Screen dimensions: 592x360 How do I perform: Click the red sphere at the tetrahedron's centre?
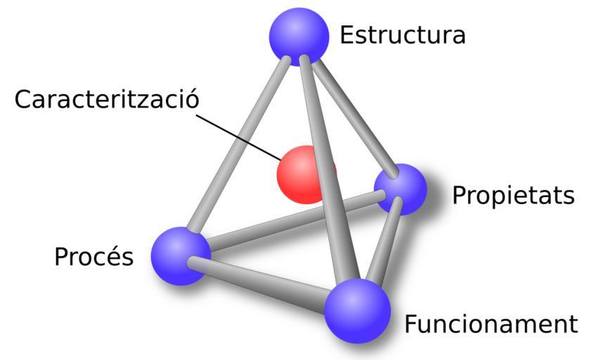coord(302,174)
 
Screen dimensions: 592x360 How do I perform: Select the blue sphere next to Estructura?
coord(299,37)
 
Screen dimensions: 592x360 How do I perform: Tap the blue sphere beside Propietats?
coord(401,189)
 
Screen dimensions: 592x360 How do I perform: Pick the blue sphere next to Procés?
coord(181,256)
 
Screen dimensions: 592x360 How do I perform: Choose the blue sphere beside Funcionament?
coord(358,311)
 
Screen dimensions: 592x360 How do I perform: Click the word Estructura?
coord(402,35)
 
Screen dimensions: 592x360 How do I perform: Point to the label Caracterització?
coord(107,98)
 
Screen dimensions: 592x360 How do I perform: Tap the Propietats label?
coord(513,196)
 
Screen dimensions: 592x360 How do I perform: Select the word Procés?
coord(94,256)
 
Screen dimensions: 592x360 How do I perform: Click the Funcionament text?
coord(491,324)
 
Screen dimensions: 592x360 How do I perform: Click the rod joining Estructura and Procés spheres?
coord(237,145)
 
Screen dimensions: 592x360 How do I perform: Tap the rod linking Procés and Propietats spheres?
coord(295,220)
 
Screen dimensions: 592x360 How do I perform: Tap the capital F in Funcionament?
coord(411,324)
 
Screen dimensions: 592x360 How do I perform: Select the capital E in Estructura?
coord(347,35)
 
